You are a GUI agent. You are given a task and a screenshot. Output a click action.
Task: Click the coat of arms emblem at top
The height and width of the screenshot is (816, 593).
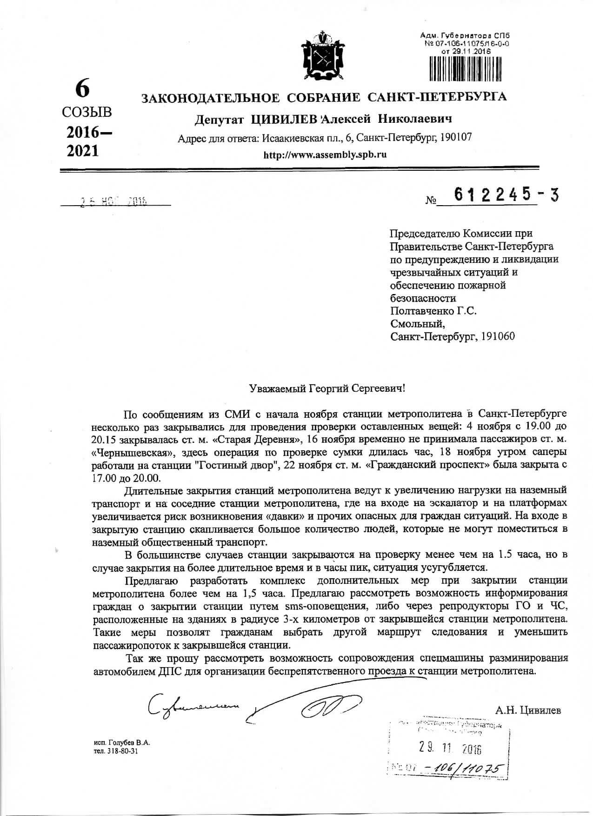click(x=322, y=55)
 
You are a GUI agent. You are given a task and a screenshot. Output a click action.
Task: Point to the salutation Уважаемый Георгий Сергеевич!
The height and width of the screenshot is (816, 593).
click(x=327, y=388)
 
